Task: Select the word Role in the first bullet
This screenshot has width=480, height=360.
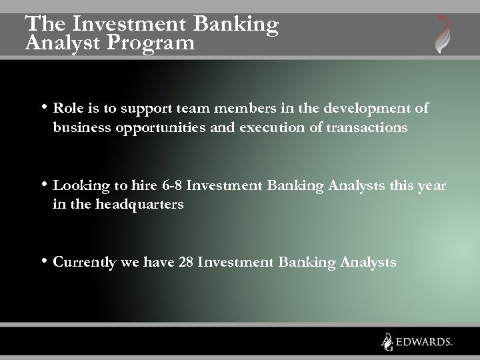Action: [x=67, y=108]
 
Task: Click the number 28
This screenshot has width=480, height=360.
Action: [x=187, y=263]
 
